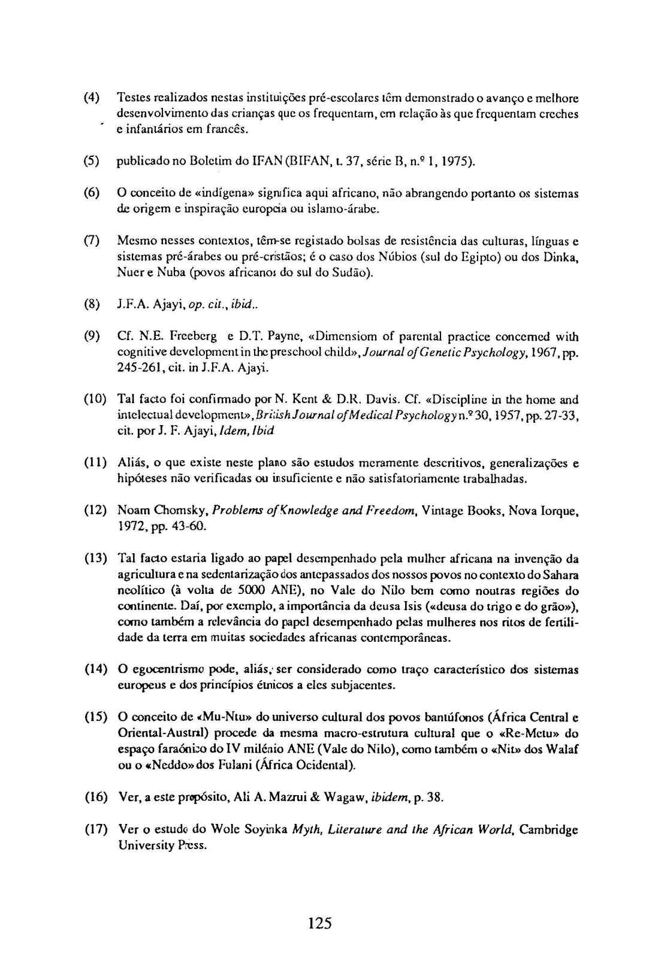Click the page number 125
pos(319,923)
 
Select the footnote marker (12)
pos(95,511)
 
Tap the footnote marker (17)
pos(95,830)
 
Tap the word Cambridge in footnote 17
pos(548,830)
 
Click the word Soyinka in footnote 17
pos(263,830)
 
